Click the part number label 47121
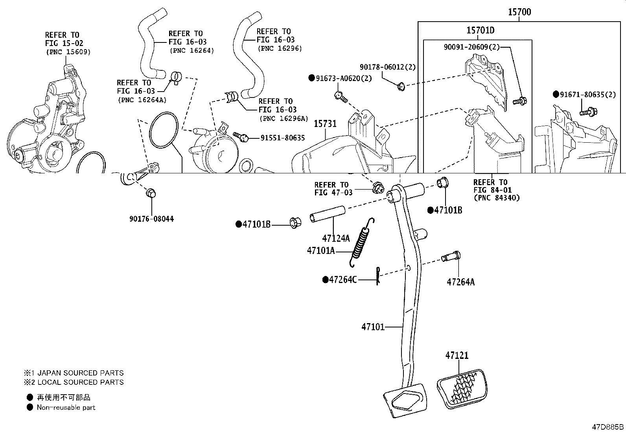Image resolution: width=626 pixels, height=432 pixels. (x=457, y=355)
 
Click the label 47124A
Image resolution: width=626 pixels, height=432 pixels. (x=335, y=238)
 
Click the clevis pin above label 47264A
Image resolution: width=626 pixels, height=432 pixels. (x=451, y=257)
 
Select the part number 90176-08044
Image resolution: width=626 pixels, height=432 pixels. (x=151, y=219)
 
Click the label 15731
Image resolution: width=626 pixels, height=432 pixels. (x=325, y=124)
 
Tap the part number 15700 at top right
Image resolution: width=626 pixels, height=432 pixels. (x=519, y=12)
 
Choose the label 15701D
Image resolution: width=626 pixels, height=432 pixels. (x=480, y=30)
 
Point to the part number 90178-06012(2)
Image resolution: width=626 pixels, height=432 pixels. (x=387, y=67)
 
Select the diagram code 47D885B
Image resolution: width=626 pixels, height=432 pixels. (x=608, y=427)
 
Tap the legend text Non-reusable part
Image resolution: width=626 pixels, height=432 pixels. (x=66, y=408)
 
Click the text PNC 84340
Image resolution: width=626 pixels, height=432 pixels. (x=497, y=198)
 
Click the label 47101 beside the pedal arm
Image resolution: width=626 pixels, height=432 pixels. (x=373, y=327)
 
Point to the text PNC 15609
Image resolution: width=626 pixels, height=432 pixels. (x=68, y=51)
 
